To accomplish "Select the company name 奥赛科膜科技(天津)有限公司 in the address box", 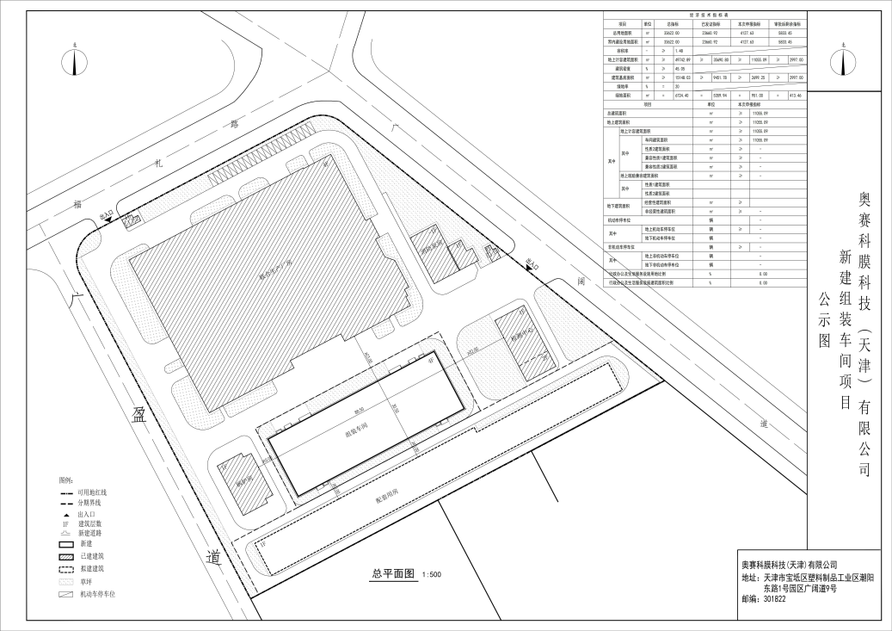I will pyautogui.click(x=789, y=564).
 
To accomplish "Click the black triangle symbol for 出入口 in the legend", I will pyautogui.click(x=65, y=513).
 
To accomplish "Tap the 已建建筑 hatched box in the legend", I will pyautogui.click(x=65, y=557).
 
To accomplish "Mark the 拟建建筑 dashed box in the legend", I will pyautogui.click(x=65, y=569).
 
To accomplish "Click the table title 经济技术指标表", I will pyautogui.click(x=708, y=15).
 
